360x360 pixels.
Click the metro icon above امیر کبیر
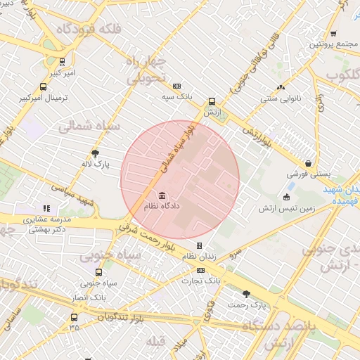coord(63,61)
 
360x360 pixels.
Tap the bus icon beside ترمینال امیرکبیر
coord(44,88)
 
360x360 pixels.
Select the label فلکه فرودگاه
coord(91,29)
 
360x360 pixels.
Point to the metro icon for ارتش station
coord(212,101)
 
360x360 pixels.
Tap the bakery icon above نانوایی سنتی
coord(281,88)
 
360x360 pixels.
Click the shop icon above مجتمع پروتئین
coord(333,33)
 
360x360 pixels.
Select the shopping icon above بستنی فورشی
coord(309,162)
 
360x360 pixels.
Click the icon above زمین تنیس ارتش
coord(286,197)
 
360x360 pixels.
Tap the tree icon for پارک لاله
coord(96,154)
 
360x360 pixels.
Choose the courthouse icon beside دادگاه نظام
coord(162,195)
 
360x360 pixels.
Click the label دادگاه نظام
coord(162,207)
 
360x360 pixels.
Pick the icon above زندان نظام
coord(200,245)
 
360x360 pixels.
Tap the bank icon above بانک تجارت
coord(201,269)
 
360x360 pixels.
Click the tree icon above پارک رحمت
coord(246,294)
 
